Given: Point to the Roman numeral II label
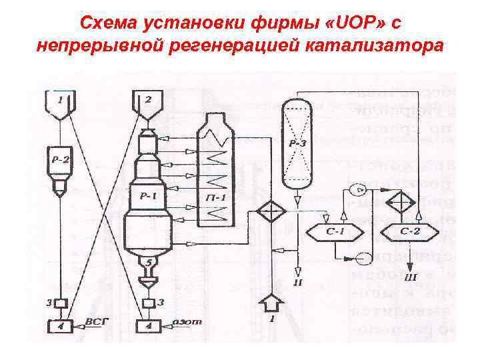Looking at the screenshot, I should click(297, 283).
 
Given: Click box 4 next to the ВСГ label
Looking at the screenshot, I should click(59, 326).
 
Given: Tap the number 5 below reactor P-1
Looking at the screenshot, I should click(151, 261).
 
